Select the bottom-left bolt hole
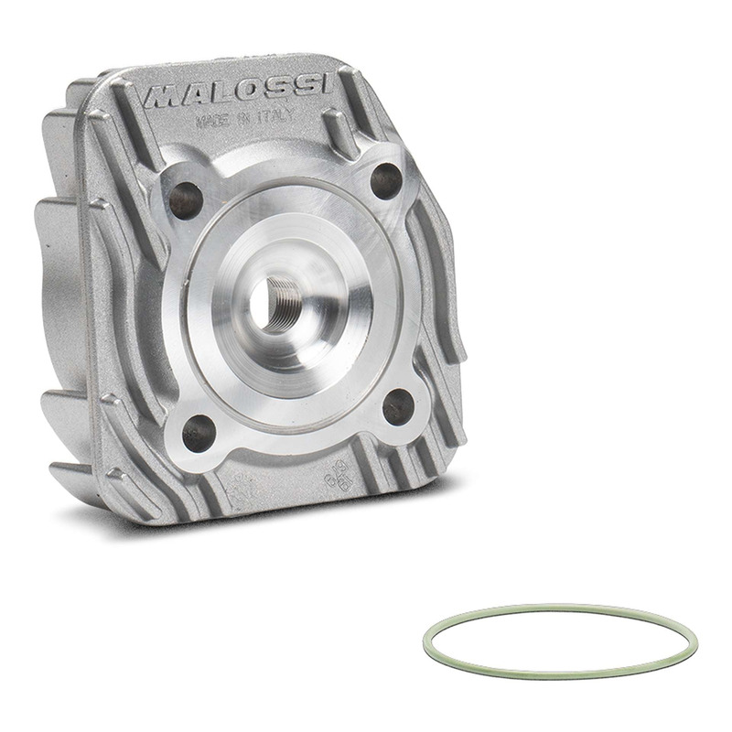click(x=197, y=432)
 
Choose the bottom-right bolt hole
click(x=397, y=406)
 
